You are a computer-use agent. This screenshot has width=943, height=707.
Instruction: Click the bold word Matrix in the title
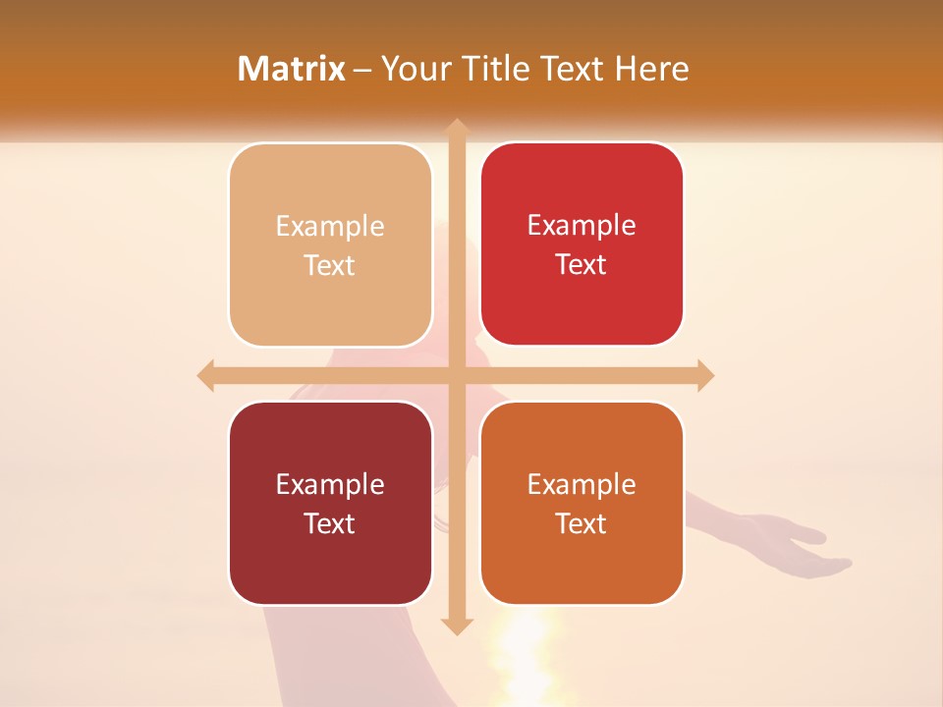292,69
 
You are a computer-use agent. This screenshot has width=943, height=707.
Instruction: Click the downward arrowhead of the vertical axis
456,625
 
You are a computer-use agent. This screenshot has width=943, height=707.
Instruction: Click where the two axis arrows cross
456,375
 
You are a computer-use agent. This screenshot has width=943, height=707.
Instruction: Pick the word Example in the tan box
330,227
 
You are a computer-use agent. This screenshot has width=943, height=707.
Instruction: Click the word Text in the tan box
330,266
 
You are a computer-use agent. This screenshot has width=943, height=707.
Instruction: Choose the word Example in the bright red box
582,226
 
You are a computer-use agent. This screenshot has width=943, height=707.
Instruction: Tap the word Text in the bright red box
582,265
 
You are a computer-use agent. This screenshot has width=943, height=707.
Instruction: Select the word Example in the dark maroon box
330,485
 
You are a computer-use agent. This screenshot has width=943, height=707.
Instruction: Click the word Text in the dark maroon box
330,524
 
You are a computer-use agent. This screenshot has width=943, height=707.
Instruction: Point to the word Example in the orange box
582,485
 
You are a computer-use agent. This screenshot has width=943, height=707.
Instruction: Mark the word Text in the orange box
582,524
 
